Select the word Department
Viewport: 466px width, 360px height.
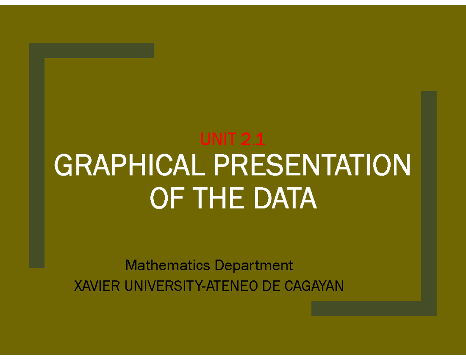[254, 266]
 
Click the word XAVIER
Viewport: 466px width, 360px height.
[97, 287]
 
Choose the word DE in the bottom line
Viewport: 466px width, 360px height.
[271, 287]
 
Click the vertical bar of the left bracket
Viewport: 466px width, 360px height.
[37, 163]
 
